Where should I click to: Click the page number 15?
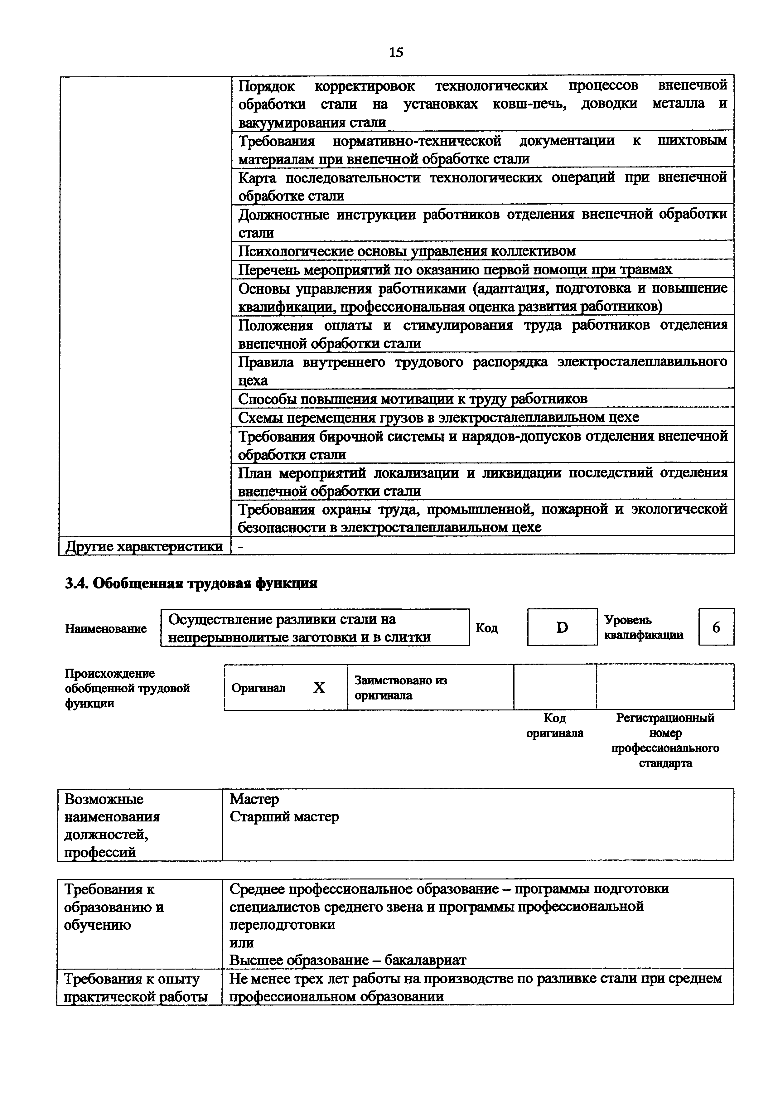click(x=396, y=52)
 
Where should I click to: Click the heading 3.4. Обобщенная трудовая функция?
click(x=191, y=583)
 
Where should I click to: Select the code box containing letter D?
click(x=562, y=627)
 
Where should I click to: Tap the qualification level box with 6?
click(x=716, y=627)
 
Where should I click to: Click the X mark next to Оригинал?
click(x=319, y=688)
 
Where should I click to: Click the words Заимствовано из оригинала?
click(x=401, y=688)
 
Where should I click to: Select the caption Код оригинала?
click(x=554, y=725)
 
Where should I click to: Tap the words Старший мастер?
click(x=284, y=817)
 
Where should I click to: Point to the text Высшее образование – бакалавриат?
click(x=348, y=960)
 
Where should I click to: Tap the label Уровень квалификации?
click(x=644, y=627)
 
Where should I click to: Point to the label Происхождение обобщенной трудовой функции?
click(x=127, y=688)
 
